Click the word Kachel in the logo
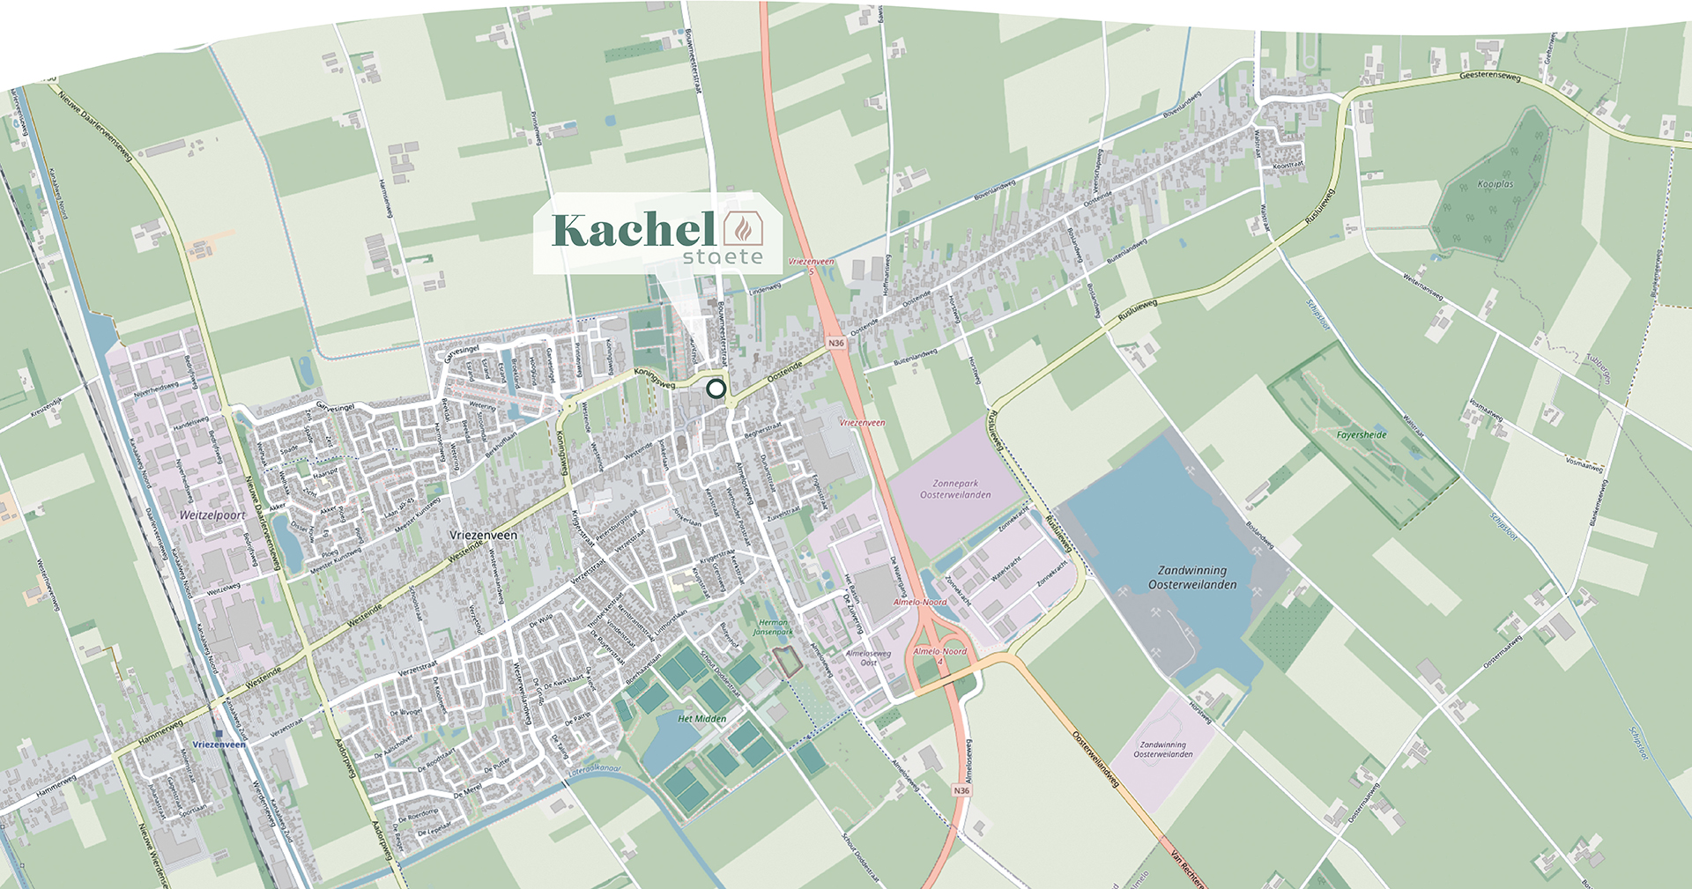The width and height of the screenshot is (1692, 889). coord(633,231)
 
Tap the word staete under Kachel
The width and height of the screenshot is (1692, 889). coord(723,256)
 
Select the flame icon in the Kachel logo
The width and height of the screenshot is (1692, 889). coord(744,229)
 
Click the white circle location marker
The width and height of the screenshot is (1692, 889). coord(716,389)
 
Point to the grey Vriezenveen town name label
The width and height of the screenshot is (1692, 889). coord(483,535)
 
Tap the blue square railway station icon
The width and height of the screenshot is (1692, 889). coord(218,731)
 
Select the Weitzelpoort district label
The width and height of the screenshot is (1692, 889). coord(212,515)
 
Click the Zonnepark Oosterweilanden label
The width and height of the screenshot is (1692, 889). coord(955,489)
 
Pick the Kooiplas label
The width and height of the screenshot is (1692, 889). coord(1495,185)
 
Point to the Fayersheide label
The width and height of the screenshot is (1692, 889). coord(1362,435)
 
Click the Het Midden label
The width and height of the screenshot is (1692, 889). coord(702,719)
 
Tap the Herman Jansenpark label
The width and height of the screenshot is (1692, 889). coord(774,627)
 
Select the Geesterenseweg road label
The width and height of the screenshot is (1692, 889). coord(1490,77)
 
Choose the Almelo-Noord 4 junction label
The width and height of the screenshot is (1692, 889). coord(939,656)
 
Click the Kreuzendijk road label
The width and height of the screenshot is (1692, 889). coord(46,407)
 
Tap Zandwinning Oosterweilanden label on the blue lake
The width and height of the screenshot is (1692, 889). coord(1192,577)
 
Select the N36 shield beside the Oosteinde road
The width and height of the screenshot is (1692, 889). coord(835,343)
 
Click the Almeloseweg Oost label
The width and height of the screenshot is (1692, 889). coord(868,658)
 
